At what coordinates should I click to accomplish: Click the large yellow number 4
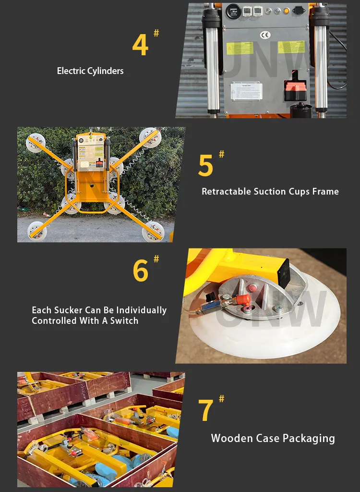click(x=140, y=45)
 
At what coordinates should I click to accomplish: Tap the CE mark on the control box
click(x=265, y=35)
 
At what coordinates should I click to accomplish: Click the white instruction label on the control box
click(x=246, y=91)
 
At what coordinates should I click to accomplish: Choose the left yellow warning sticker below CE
click(x=240, y=48)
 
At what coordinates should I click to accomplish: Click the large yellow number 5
click(x=205, y=166)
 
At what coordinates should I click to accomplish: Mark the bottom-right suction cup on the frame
click(x=153, y=232)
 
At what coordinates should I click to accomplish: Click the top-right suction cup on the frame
click(x=150, y=137)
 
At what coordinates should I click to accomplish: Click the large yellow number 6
click(x=141, y=271)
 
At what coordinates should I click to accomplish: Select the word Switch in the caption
click(x=124, y=321)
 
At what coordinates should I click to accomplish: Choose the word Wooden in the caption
click(x=228, y=438)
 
